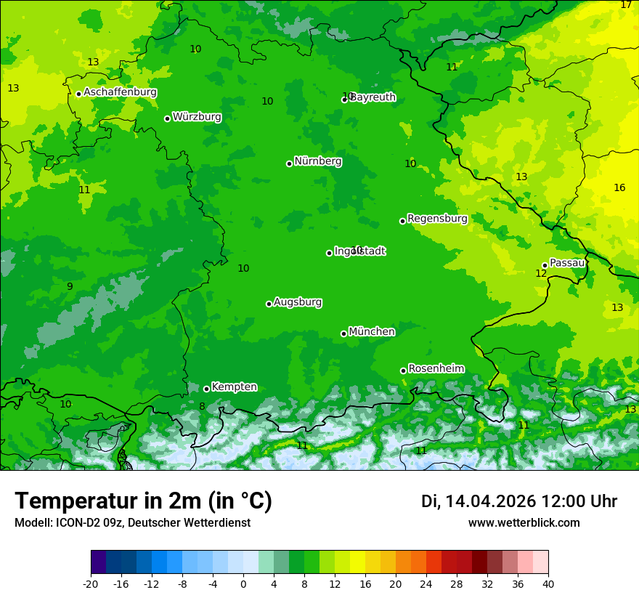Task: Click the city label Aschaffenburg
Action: pyautogui.click(x=120, y=92)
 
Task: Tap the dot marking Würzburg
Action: pyautogui.click(x=167, y=118)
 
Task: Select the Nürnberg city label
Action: pyautogui.click(x=317, y=161)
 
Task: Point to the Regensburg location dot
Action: pyautogui.click(x=402, y=221)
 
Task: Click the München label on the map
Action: pyautogui.click(x=372, y=332)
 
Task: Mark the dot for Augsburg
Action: pyautogui.click(x=269, y=304)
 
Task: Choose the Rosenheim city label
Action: pyautogui.click(x=436, y=369)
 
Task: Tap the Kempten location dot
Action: pyautogui.click(x=206, y=389)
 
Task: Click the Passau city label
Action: pyautogui.click(x=567, y=263)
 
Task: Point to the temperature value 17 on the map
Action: pyautogui.click(x=626, y=5)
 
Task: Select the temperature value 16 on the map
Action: pyautogui.click(x=619, y=188)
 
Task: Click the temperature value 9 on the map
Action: pyautogui.click(x=70, y=287)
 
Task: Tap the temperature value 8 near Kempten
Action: pyautogui.click(x=202, y=407)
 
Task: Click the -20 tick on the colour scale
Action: pyautogui.click(x=91, y=583)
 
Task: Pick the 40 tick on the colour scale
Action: pyautogui.click(x=548, y=583)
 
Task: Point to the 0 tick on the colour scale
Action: pyautogui.click(x=243, y=583)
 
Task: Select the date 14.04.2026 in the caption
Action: pyautogui.click(x=490, y=501)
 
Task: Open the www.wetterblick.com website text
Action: pyautogui.click(x=524, y=523)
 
